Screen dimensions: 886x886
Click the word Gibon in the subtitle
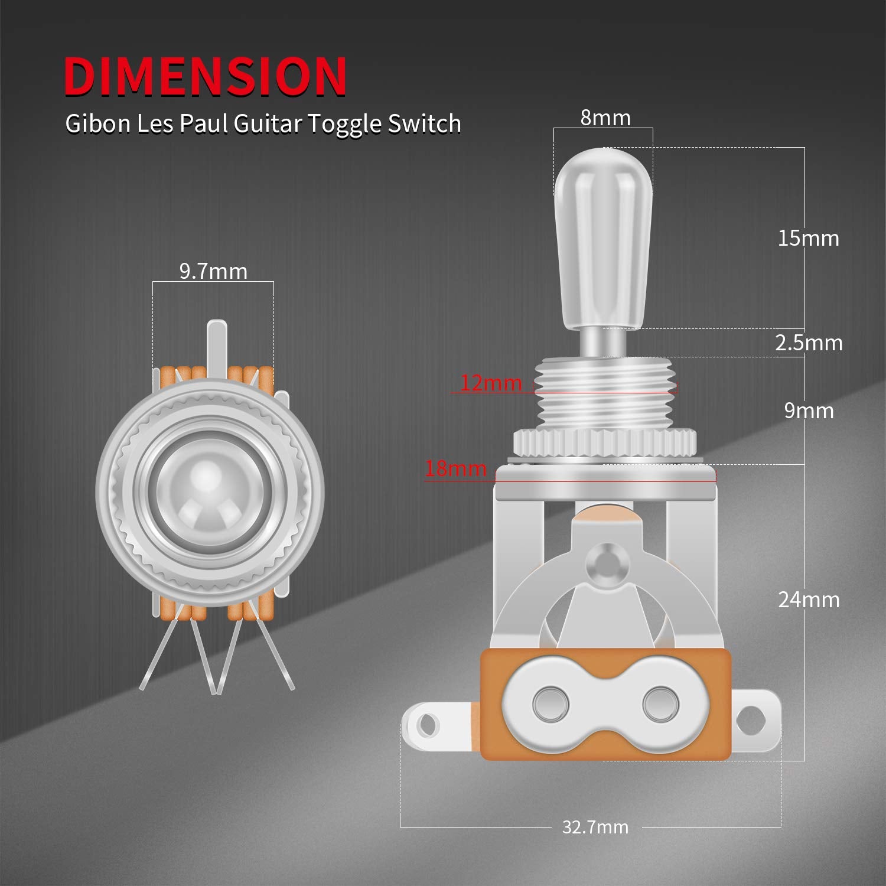click(x=97, y=124)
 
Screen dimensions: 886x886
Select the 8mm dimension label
click(x=605, y=118)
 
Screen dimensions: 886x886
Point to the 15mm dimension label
click(x=807, y=238)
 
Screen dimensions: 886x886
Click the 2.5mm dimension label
click(x=808, y=343)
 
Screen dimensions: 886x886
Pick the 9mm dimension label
click(x=808, y=411)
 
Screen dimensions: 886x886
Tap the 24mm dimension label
click(x=807, y=600)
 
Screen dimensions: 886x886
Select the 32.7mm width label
click(x=595, y=827)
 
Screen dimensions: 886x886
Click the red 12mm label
click(x=491, y=383)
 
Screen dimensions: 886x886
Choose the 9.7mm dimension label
click(x=213, y=271)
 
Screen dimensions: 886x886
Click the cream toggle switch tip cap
click(x=604, y=236)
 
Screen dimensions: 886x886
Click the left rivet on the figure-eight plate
click(x=551, y=703)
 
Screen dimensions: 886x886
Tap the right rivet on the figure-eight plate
click(x=660, y=703)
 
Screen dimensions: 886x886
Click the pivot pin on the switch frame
click(x=605, y=561)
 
